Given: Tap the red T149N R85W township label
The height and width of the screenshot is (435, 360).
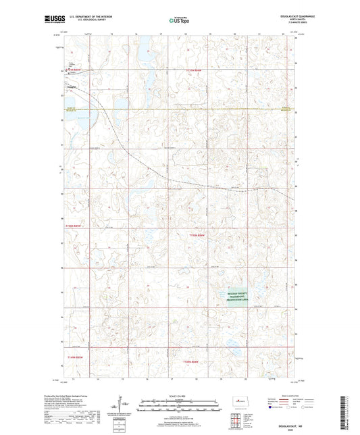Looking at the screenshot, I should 74,356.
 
